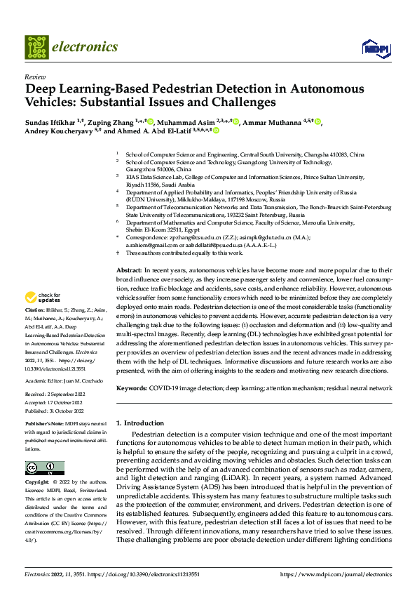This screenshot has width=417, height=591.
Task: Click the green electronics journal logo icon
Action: point(37,47)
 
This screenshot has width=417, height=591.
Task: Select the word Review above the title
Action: point(34,77)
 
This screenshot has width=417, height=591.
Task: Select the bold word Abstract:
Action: point(129,270)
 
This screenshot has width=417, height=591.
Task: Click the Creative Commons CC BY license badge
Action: point(44,468)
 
